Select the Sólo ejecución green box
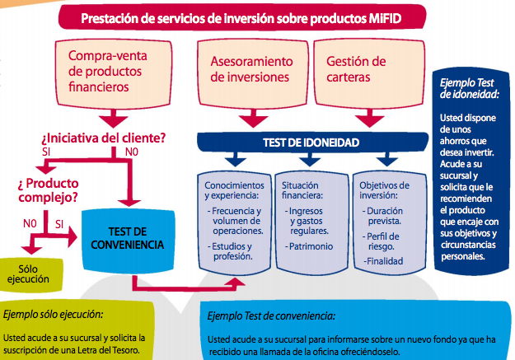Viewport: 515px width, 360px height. point(30,273)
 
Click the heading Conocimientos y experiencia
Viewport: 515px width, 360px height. point(232,191)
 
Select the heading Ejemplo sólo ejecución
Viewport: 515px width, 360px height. point(54,315)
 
